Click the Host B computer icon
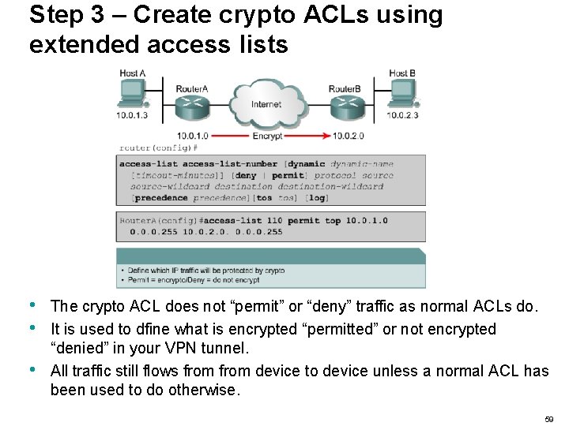(403, 95)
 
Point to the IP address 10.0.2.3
(403, 115)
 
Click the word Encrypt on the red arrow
(267, 136)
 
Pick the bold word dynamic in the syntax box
(308, 164)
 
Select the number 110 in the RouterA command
(273, 221)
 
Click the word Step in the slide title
(56, 14)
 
